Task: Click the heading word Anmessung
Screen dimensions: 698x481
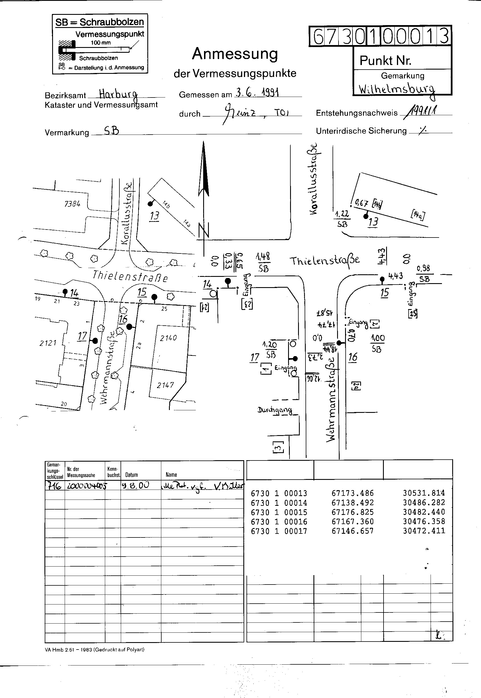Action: pos(235,54)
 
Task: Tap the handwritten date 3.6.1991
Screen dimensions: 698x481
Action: pos(257,92)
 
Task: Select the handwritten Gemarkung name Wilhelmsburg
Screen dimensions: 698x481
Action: pos(397,89)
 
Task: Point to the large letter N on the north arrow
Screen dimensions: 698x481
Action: pos(204,230)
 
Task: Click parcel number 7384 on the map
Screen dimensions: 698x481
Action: pos(72,204)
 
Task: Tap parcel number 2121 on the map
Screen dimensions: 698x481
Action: pos(48,343)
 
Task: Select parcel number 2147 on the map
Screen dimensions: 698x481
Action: pos(165,385)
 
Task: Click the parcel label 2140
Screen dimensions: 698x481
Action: pos(168,338)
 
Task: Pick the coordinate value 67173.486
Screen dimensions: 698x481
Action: pos(352,493)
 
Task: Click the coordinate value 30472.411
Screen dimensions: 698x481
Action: pos(424,531)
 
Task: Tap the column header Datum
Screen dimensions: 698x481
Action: pos(131,475)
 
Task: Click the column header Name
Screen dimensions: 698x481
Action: pos(171,475)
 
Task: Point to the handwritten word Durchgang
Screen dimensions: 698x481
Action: pos(275,410)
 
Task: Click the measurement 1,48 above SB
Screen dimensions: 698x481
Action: pos(263,257)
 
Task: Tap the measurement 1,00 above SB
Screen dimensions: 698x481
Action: pos(377,338)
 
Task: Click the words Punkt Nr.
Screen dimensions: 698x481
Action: pos(385,61)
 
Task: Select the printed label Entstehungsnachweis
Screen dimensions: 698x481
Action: pos(356,113)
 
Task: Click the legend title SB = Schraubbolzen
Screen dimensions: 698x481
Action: pos(99,22)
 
